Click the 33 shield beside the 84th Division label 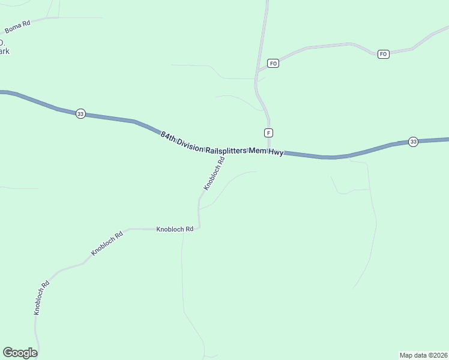pyautogui.click(x=80, y=113)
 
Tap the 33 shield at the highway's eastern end pyautogui.click(x=413, y=142)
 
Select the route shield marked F pyautogui.click(x=268, y=132)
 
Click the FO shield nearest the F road pyautogui.click(x=273, y=63)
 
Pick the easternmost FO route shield pyautogui.click(x=384, y=54)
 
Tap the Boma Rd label pyautogui.click(x=17, y=27)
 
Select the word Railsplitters pyautogui.click(x=226, y=149)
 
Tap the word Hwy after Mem pyautogui.click(x=275, y=152)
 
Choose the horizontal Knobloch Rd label pyautogui.click(x=175, y=229)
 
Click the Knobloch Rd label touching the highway pyautogui.click(x=214, y=173)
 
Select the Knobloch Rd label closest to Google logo pyautogui.click(x=41, y=298)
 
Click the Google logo pyautogui.click(x=20, y=353)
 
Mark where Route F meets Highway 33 pyautogui.click(x=269, y=152)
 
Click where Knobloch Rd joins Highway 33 pyautogui.click(x=226, y=151)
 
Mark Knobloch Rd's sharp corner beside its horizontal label pyautogui.click(x=199, y=227)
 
